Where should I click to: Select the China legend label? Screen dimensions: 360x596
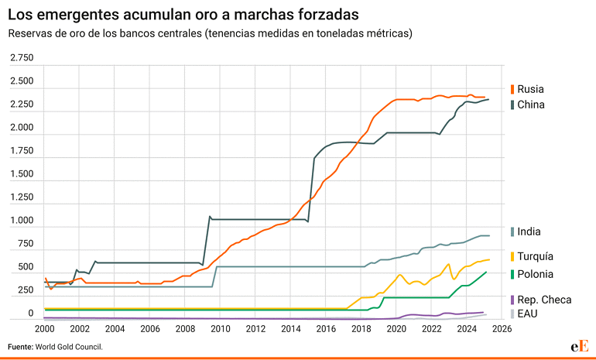tap(531, 105)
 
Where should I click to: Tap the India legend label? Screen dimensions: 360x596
tap(529, 231)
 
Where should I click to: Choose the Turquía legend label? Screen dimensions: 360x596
tap(536, 256)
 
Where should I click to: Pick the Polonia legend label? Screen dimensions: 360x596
tap(536, 274)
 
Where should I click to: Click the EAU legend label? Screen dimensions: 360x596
tap(527, 314)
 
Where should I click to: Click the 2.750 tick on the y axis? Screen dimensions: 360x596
tap(22, 58)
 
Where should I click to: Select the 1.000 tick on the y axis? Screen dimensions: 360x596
tap(22, 221)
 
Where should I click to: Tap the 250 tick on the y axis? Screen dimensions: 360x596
tap(26, 290)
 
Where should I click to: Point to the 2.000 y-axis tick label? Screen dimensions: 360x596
tap(22, 128)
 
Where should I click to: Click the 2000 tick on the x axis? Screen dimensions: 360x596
tap(44, 328)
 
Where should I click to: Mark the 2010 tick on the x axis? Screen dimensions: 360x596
tap(220, 328)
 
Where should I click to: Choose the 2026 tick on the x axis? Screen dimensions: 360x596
tap(502, 328)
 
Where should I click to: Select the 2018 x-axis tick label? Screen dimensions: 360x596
tap(361, 328)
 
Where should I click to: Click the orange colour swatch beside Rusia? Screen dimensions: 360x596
tap(512, 89)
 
